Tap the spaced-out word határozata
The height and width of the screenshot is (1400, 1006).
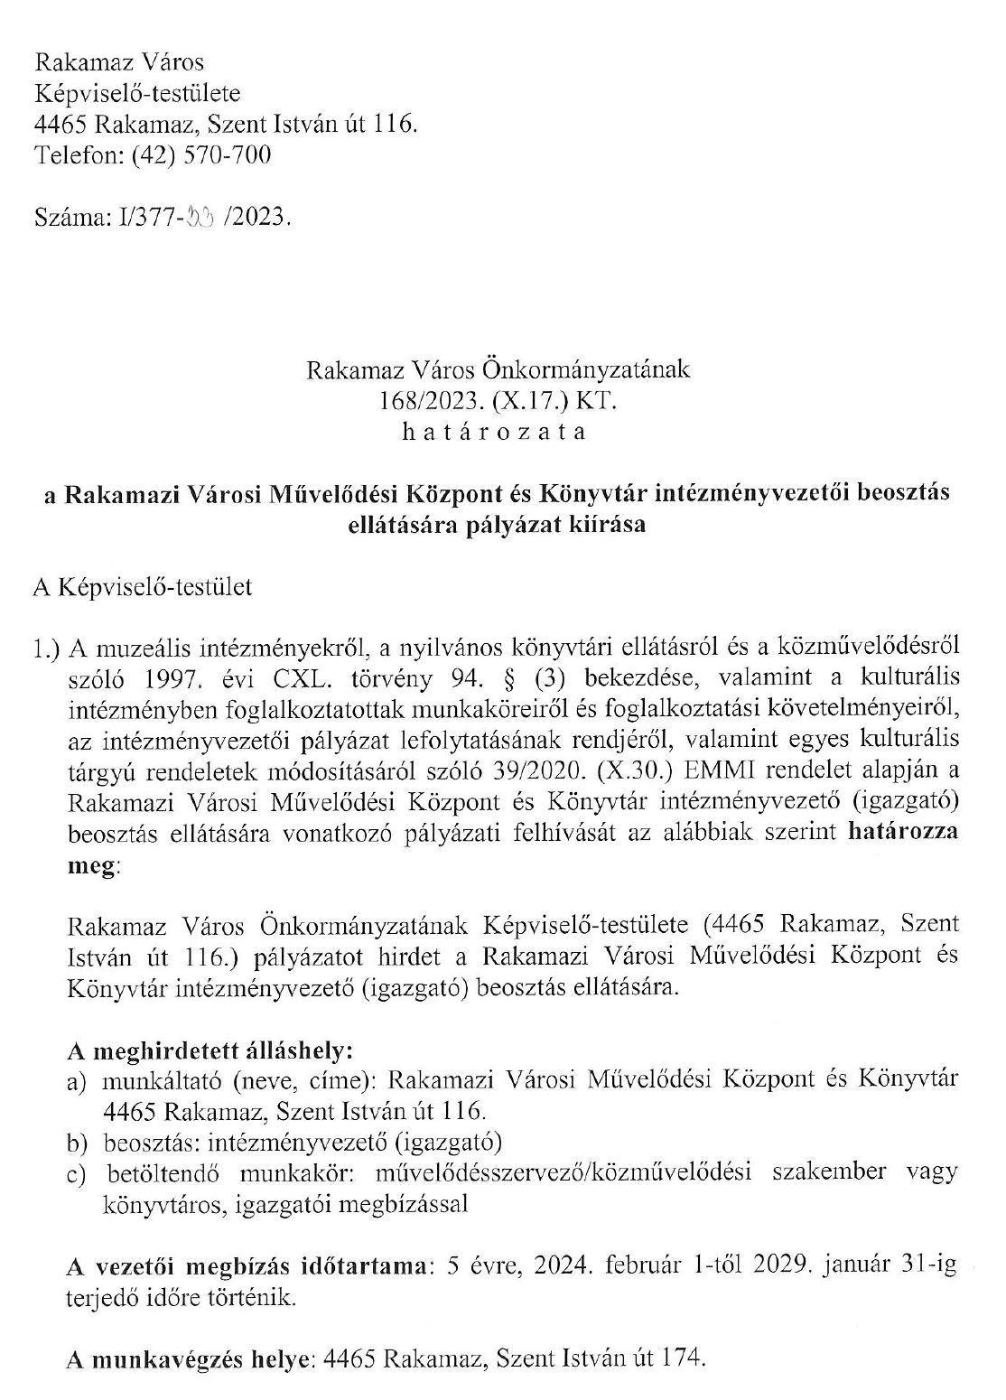[493, 431]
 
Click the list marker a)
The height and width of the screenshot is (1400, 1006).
[78, 1081]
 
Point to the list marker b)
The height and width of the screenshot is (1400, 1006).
[78, 1143]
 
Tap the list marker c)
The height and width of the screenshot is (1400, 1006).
[78, 1174]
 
